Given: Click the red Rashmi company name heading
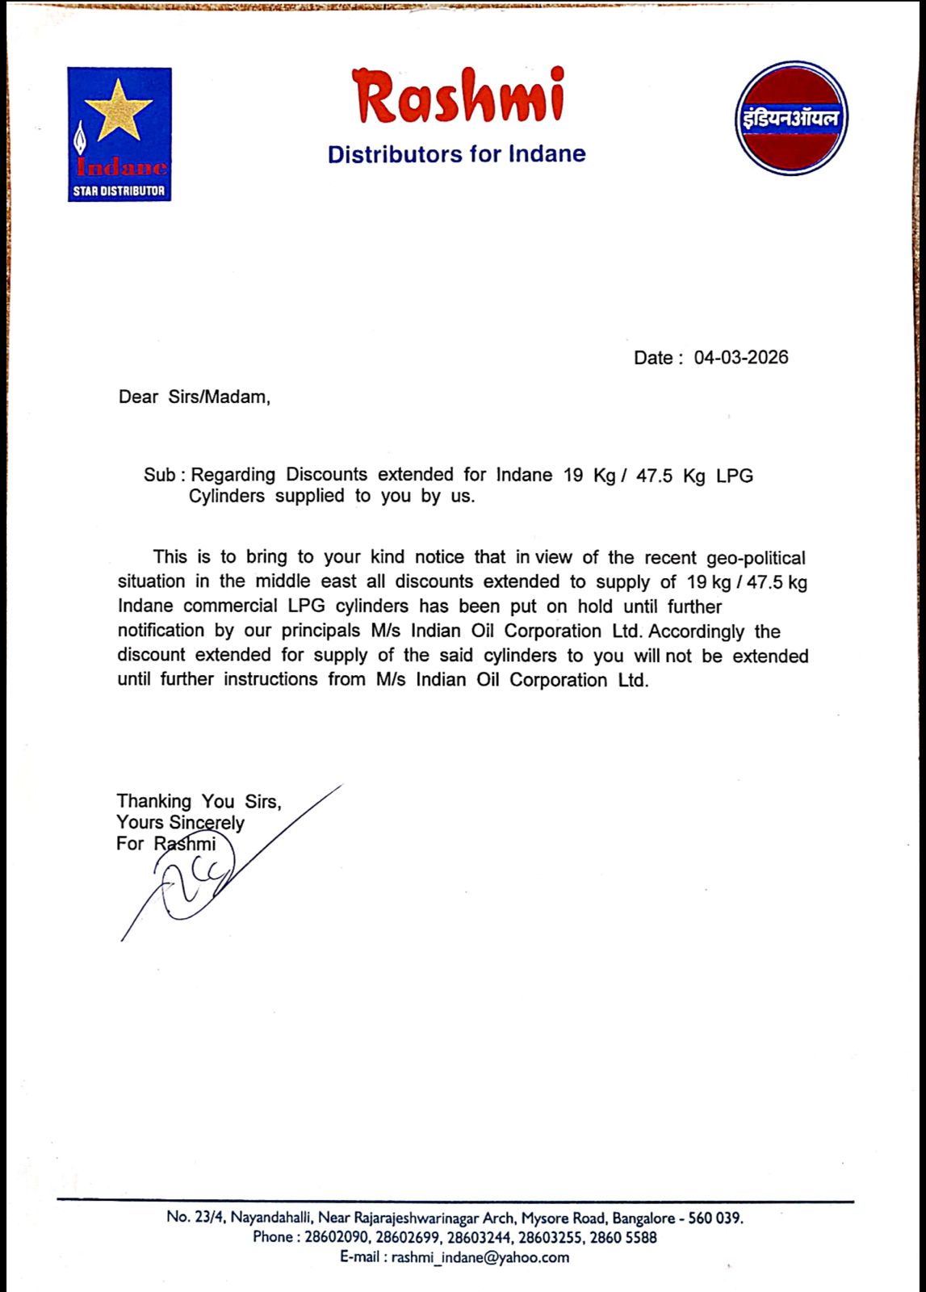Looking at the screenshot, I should [458, 96].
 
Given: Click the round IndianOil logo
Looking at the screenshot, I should [791, 118].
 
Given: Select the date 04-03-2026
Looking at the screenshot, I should [741, 358].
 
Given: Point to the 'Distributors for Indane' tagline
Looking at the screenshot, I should [456, 154].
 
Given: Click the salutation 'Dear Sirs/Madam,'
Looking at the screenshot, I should [195, 397].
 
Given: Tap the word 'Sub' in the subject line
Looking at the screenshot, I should [159, 475].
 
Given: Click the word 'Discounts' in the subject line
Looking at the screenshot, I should [326, 475].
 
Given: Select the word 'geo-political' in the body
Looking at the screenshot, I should [756, 558].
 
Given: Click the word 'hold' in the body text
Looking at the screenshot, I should [594, 606].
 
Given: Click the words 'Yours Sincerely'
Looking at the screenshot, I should [180, 823].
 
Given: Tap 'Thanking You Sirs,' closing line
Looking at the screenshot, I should [199, 801].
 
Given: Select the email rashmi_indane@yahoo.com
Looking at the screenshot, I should [480, 1257].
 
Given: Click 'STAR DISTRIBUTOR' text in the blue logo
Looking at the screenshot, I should [119, 191].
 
